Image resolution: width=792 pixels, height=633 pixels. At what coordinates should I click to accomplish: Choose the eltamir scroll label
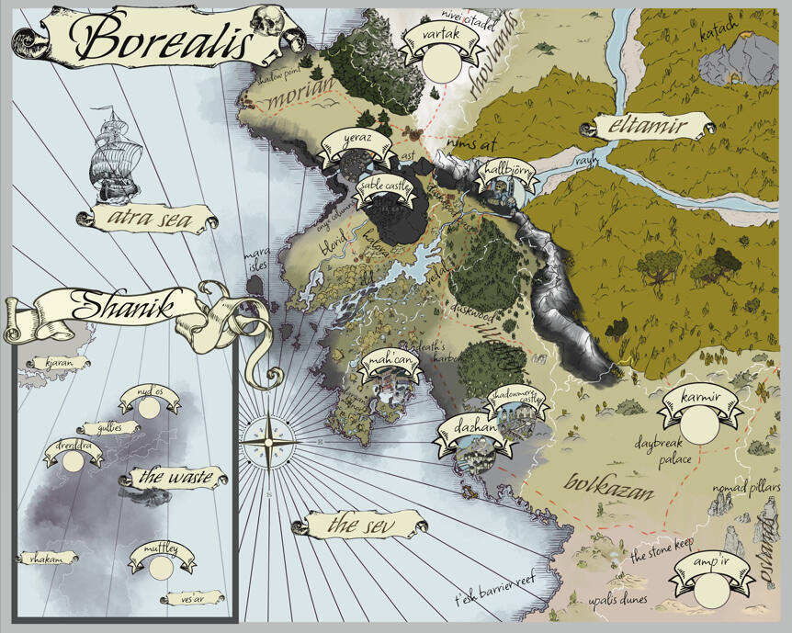(x=652, y=128)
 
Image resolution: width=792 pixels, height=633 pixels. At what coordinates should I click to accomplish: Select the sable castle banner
(x=385, y=187)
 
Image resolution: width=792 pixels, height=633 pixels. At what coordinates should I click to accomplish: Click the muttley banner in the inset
(x=161, y=552)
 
